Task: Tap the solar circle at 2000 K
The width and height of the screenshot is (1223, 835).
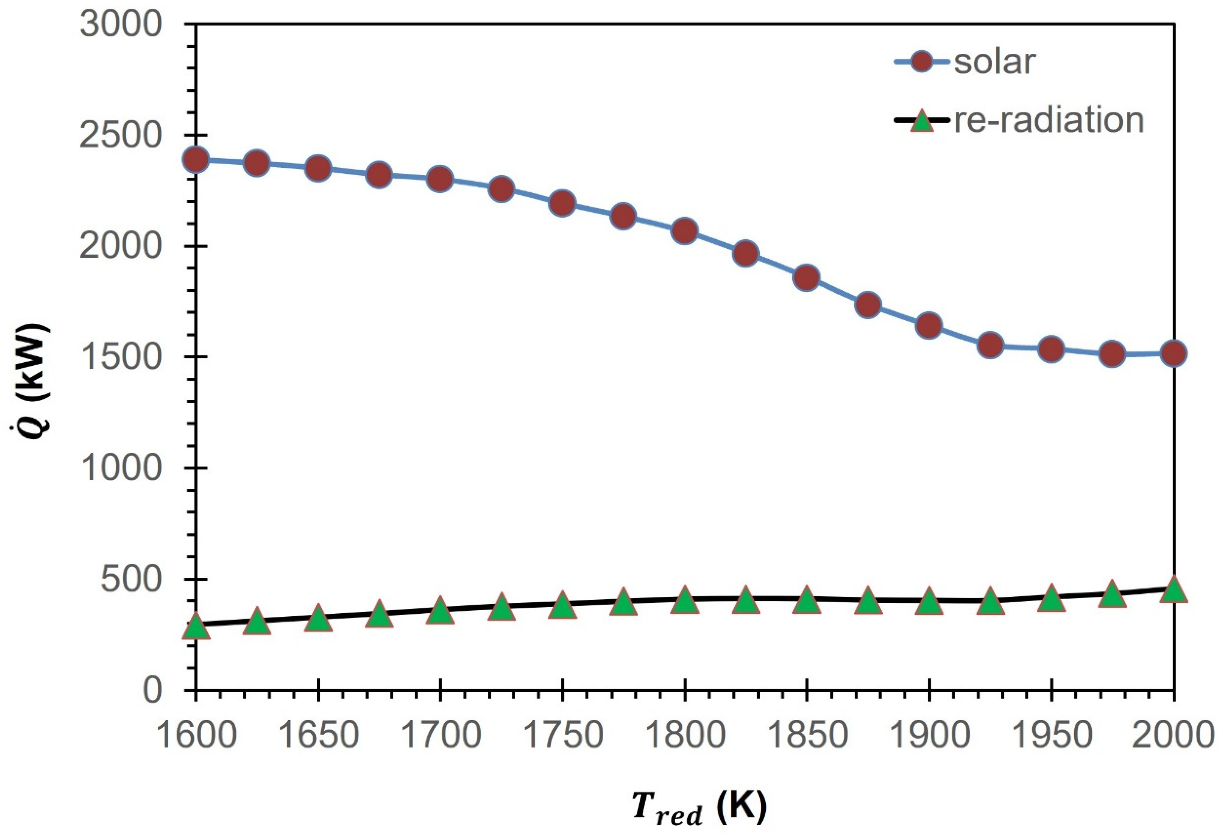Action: [1173, 353]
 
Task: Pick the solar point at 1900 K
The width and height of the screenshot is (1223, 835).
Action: [929, 325]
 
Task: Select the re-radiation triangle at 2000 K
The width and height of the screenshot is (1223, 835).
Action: [1173, 590]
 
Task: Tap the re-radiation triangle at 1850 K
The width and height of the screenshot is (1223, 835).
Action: [806, 601]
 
